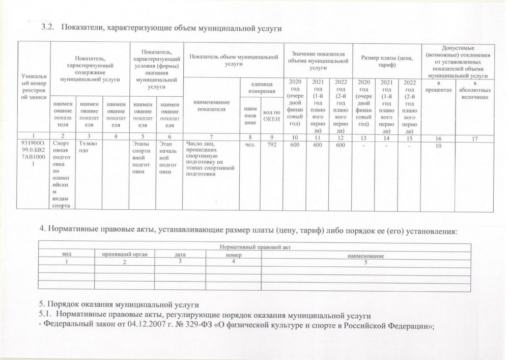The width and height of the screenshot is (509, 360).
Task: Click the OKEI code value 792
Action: point(270,145)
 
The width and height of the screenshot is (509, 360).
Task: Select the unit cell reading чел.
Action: point(250,145)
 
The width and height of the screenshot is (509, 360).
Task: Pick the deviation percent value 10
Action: point(438,146)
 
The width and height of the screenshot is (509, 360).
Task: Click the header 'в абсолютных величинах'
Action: point(474,90)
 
